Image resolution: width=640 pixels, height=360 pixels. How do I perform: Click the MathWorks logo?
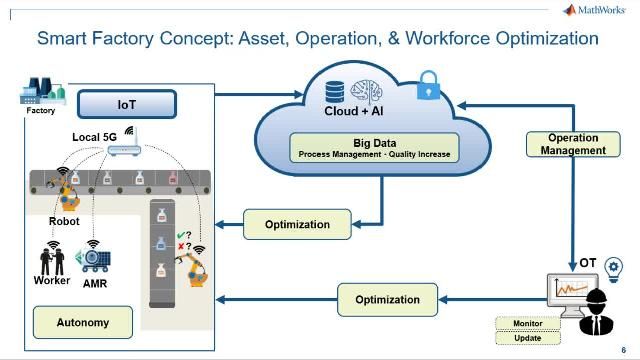click(597, 10)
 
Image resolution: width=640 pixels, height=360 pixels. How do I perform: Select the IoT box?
click(126, 103)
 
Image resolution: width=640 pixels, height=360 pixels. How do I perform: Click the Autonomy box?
click(83, 323)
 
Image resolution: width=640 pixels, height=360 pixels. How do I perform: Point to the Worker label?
click(52, 280)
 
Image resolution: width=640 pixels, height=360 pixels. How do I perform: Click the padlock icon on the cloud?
click(429, 83)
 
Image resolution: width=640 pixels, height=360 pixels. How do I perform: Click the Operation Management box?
click(573, 144)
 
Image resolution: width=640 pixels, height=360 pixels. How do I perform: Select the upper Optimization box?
click(297, 224)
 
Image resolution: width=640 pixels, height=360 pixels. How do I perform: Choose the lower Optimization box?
click(387, 299)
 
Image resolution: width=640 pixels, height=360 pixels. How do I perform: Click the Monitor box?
click(528, 324)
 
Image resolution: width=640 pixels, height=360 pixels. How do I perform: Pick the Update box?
click(528, 338)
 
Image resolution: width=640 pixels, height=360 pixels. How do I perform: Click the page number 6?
click(623, 350)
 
